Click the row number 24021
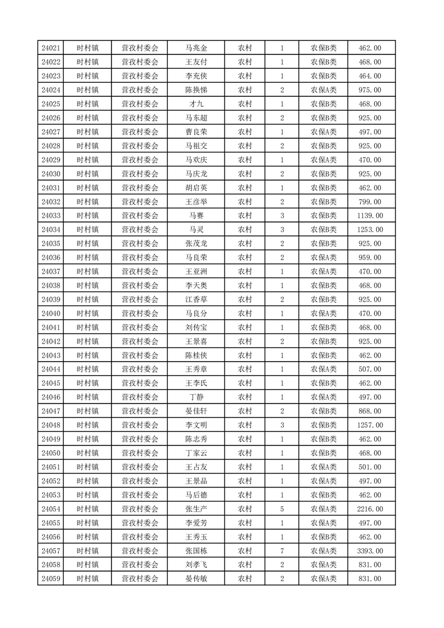coord(51,48)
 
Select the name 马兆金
coord(196,48)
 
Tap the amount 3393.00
coord(370,551)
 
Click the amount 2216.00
coord(370,509)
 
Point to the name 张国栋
coord(196,551)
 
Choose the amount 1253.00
coord(370,229)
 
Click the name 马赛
coord(196,215)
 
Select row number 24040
coord(51,313)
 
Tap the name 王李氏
coord(196,383)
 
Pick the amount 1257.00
coord(370,425)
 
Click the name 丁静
coord(196,397)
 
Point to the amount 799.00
coord(370,201)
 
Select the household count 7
coord(282,551)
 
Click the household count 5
coord(282,509)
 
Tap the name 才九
coord(196,104)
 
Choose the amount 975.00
coord(370,90)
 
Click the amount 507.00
coord(370,369)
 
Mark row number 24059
coord(51,579)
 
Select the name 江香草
coord(196,299)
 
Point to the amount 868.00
coord(370,411)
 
